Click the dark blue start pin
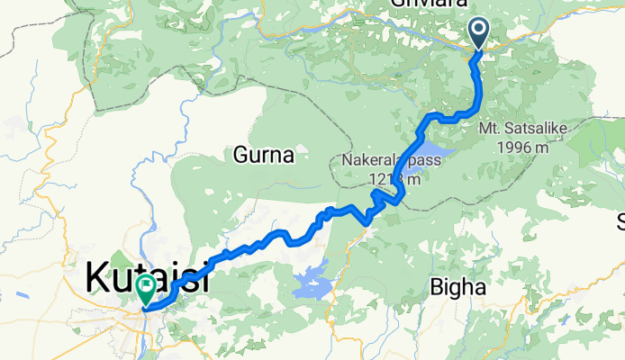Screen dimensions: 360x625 click(x=477, y=34)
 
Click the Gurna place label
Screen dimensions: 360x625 click(x=264, y=156)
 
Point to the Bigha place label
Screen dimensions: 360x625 click(x=458, y=288)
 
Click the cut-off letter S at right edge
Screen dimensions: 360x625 click(x=620, y=221)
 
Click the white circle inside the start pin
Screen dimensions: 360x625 click(x=477, y=31)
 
